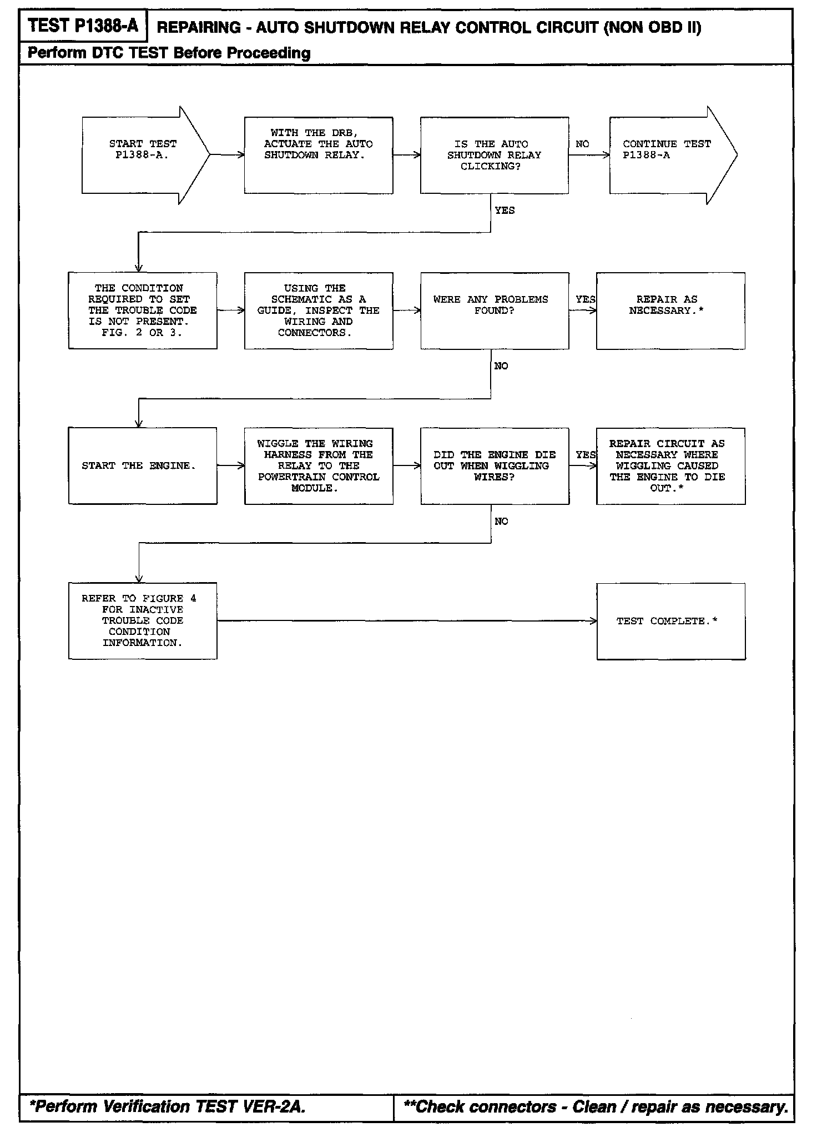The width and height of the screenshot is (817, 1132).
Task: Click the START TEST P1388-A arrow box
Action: [142, 155]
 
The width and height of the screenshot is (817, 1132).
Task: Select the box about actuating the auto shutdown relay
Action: [319, 155]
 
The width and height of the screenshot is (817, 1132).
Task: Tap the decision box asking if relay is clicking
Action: [494, 155]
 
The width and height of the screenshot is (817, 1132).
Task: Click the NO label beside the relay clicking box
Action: [582, 144]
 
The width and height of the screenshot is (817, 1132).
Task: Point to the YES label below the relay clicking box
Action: [505, 211]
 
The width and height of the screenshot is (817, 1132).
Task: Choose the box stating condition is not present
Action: [143, 310]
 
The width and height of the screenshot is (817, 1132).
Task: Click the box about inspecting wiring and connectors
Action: [319, 310]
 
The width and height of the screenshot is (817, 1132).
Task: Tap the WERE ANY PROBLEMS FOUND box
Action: [494, 310]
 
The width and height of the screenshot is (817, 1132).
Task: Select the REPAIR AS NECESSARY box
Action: [670, 310]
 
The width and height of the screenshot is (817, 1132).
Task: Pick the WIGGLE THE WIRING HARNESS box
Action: [319, 465]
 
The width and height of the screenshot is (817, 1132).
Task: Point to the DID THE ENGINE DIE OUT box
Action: [494, 465]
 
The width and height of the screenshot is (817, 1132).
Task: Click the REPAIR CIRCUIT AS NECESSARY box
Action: [670, 465]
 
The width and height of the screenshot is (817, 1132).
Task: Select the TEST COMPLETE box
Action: [670, 621]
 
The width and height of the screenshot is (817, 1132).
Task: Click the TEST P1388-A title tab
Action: [83, 26]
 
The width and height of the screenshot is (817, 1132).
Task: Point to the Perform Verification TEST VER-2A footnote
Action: [167, 1107]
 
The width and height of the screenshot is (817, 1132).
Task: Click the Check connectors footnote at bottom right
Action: [596, 1107]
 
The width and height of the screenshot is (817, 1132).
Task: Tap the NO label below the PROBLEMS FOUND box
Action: [501, 366]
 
